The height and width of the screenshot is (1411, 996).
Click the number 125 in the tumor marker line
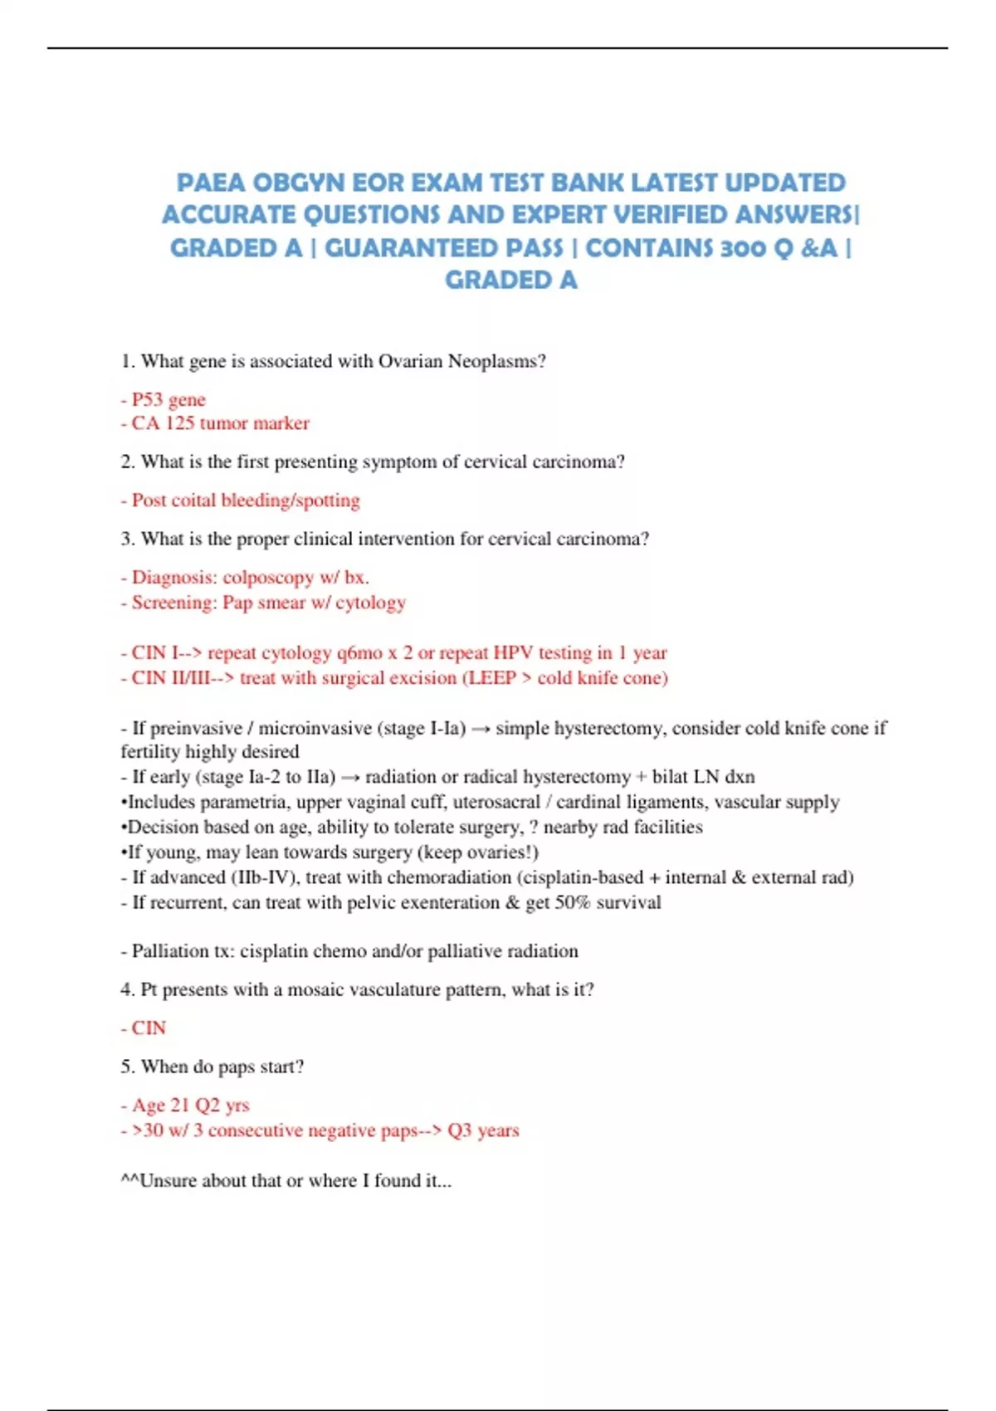tap(179, 423)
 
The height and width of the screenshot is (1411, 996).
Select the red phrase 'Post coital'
tap(174, 500)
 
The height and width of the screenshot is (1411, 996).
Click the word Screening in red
tap(173, 603)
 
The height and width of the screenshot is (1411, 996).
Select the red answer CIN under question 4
tap(149, 1028)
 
